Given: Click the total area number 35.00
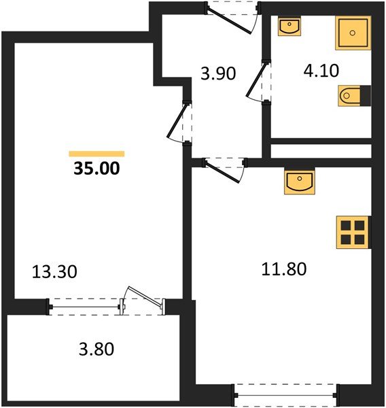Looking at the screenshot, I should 96,168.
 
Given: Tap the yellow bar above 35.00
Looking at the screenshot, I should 96,154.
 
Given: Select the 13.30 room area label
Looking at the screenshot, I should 55,272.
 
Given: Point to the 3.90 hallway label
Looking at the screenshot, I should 217,73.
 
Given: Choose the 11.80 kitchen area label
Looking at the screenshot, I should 284,269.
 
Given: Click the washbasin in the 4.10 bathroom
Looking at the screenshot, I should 290,27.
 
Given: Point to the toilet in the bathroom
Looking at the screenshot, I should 352,96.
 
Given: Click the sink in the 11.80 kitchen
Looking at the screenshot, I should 299,182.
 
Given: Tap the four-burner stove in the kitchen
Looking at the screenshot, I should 352,232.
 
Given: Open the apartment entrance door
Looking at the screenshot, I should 232,17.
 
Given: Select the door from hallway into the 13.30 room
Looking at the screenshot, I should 181,122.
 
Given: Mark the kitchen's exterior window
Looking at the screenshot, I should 285,393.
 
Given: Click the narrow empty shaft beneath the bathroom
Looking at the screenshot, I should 321,150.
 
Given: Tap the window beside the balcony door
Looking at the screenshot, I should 85,307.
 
